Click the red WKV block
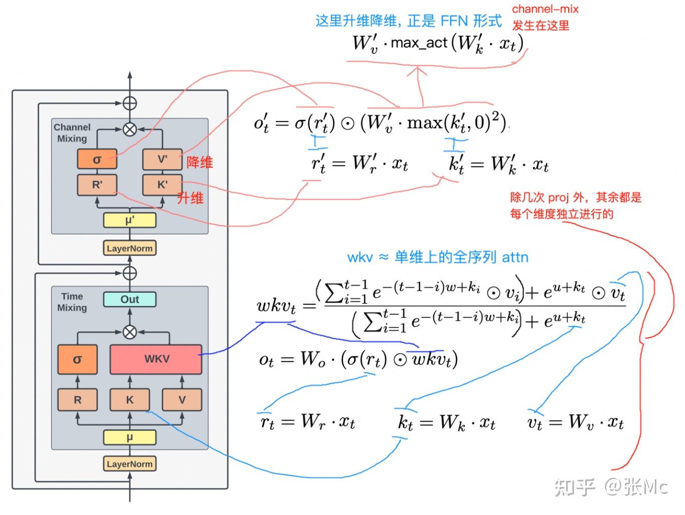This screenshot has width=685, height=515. pos(156,359)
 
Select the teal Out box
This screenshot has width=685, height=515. pos(129,299)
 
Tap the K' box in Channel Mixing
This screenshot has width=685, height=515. pos(162,185)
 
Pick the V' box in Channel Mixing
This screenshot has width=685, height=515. pos(162,160)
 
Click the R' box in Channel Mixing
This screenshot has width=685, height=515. pos(97,185)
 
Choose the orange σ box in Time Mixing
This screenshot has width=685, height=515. pos(77,359)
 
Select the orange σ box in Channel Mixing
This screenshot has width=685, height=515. pos(97,160)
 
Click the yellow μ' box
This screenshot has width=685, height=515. pos(129,220)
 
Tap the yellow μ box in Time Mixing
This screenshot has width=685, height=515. pos(129,437)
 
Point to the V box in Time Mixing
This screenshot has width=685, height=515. pos(182,400)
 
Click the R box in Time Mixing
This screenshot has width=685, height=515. pos(77,400)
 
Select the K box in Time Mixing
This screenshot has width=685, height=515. pos(129,400)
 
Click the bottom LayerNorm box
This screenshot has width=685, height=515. pos(129,464)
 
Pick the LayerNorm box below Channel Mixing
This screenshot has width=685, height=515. pos(129,248)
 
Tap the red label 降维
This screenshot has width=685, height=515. pos(200,162)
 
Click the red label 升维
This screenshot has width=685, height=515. pos(190,198)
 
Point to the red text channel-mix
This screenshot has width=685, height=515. pos(545,9)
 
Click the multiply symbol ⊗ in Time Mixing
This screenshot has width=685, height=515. pos(130,332)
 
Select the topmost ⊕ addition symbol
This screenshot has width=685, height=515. pos(130,103)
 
